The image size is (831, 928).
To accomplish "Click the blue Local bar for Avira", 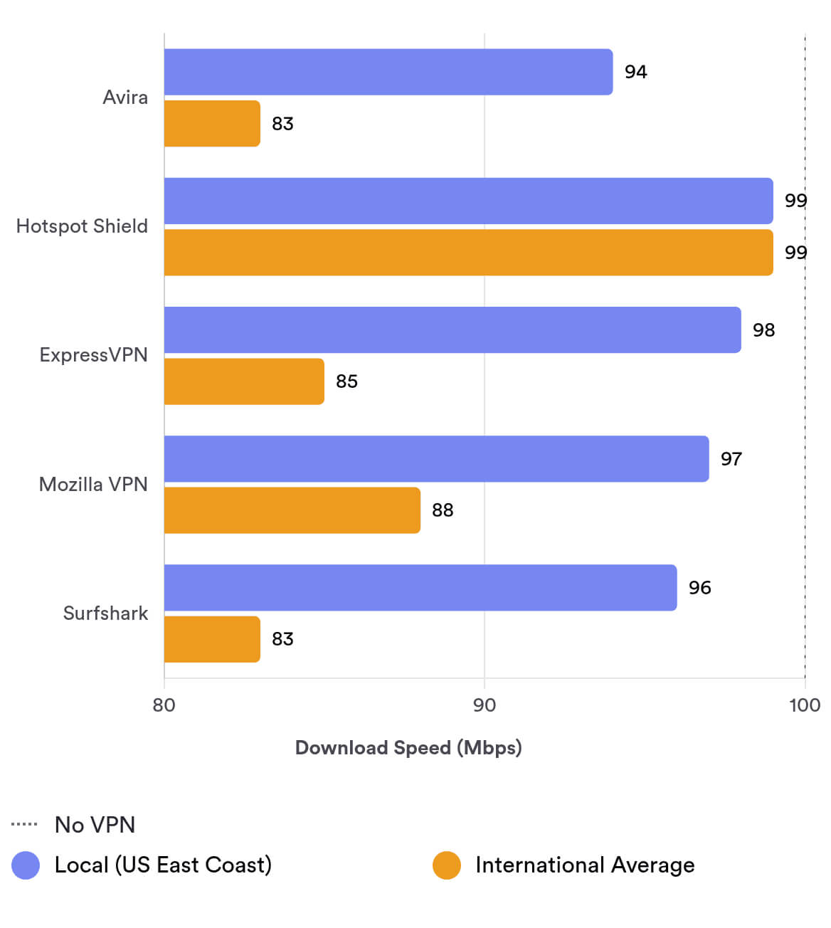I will [x=388, y=72].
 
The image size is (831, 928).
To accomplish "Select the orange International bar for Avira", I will [x=212, y=124].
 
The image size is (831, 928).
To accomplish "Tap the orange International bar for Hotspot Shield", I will [x=468, y=253].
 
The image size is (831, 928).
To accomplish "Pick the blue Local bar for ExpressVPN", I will [x=452, y=330].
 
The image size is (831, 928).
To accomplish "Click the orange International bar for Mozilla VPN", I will [x=292, y=510].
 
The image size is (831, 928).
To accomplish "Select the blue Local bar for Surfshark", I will [x=420, y=588].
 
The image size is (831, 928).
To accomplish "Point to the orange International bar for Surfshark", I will [x=212, y=639].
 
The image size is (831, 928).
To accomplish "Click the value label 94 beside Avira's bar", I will [x=635, y=72].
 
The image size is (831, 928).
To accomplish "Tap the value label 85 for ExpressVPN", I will [x=346, y=381].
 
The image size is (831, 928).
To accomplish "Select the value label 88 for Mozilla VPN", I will [x=443, y=510].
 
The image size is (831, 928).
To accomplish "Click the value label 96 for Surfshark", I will [x=699, y=588].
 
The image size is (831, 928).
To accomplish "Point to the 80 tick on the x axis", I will [x=164, y=705].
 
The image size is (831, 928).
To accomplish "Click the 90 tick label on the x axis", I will [x=485, y=705].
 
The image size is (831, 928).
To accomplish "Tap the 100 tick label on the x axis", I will [x=805, y=705].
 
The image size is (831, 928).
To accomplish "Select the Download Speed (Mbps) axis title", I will [x=408, y=747].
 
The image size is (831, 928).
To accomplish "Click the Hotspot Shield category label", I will [x=82, y=226].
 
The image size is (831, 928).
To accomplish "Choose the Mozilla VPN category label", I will [x=93, y=485].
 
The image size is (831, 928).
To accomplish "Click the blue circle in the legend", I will [x=26, y=865].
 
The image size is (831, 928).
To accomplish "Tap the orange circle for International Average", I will [x=447, y=865].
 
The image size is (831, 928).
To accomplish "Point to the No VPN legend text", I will [x=95, y=825].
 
